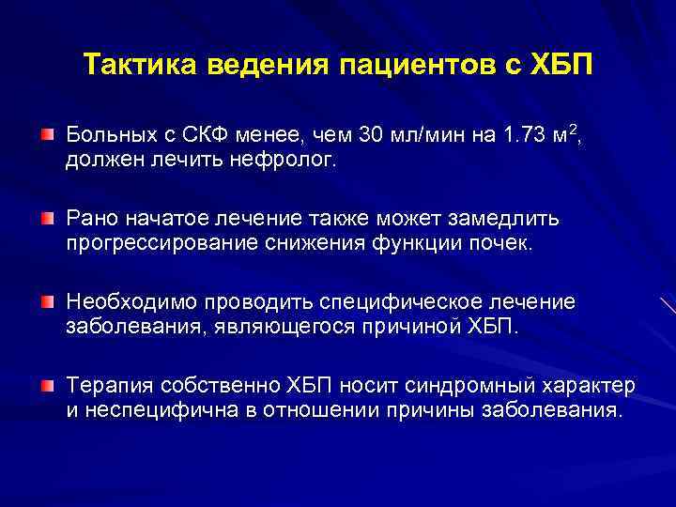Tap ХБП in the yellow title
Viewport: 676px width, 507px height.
(554, 67)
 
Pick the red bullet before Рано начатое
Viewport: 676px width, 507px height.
(47, 220)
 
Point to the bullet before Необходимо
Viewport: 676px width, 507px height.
(47, 302)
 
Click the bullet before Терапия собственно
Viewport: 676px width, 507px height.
(47, 386)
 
